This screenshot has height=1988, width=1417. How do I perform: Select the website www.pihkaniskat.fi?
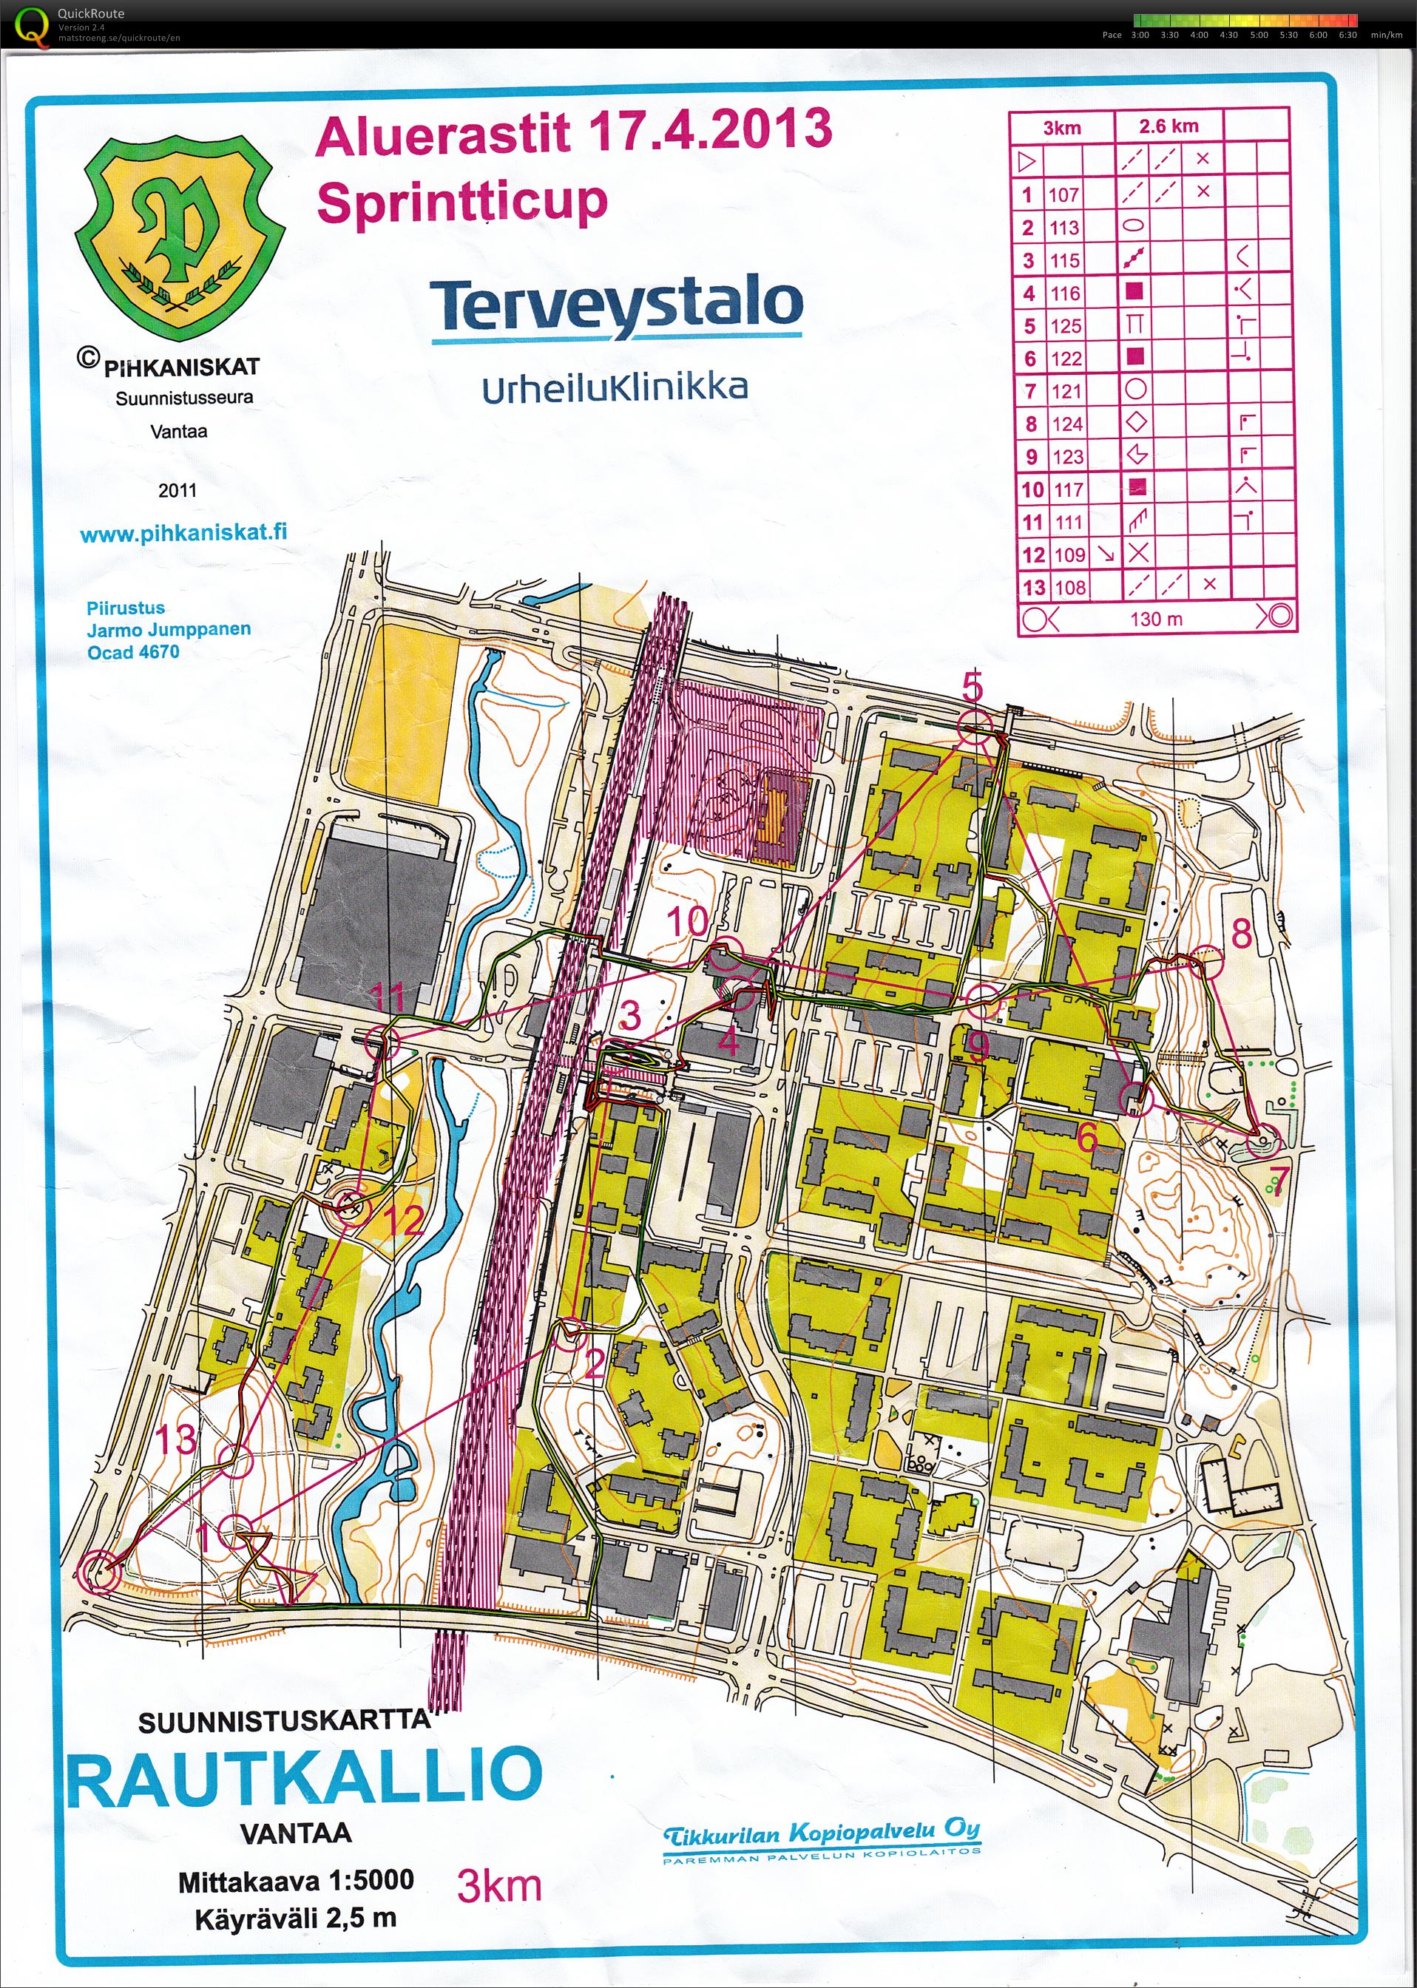183,532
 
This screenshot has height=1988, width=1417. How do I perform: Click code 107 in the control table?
1063,194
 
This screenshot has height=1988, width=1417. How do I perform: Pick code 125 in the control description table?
1066,326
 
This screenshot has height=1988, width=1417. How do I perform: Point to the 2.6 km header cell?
1169,126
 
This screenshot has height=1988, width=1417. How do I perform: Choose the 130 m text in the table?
1156,620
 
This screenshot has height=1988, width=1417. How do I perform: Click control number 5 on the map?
972,687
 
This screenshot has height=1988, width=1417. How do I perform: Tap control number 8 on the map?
1241,934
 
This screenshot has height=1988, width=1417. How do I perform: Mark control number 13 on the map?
175,1439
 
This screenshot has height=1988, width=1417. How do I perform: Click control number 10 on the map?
687,921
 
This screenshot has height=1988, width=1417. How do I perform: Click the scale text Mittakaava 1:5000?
296,1880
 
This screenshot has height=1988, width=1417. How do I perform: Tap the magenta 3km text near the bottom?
499,1886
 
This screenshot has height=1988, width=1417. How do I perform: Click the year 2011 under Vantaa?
177,490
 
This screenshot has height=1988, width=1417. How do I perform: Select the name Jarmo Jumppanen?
169,629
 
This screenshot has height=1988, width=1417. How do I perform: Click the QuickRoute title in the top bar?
91,13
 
